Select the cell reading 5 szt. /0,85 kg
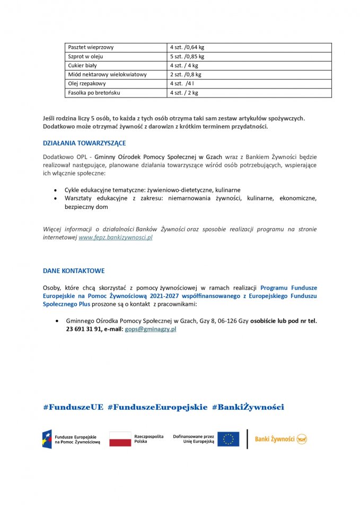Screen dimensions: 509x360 187,57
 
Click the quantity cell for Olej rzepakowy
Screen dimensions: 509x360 181,84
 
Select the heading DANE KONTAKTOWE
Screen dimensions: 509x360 74,270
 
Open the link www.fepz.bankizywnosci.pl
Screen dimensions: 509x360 116,238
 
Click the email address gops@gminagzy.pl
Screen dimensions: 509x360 151,329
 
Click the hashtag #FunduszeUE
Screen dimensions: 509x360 73,407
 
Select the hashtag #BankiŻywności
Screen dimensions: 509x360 248,407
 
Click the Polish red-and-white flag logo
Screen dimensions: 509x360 120,439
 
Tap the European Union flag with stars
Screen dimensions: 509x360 228,439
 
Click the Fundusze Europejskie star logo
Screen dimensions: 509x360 47,439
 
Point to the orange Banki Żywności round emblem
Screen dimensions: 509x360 302,439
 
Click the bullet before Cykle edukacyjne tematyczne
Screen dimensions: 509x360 57,190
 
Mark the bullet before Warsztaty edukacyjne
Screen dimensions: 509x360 57,198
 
